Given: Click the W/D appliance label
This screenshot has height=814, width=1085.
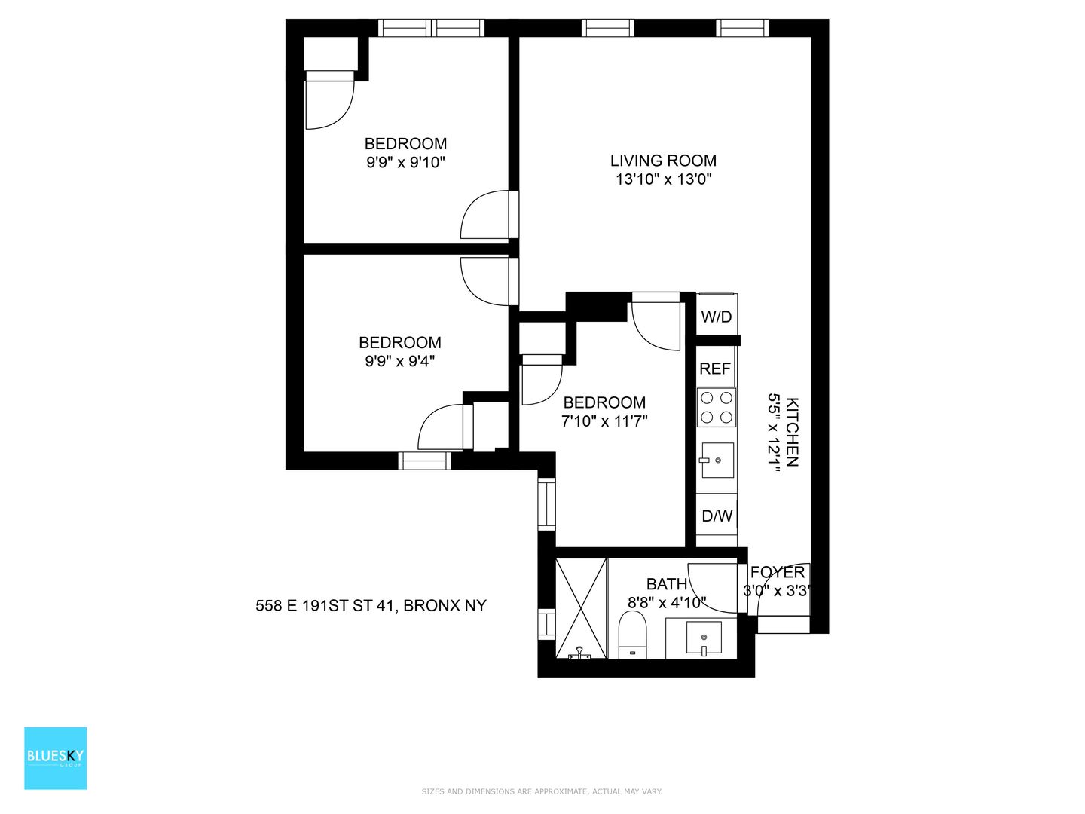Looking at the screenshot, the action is [717, 317].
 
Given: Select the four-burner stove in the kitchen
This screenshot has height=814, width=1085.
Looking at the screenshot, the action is [717, 407].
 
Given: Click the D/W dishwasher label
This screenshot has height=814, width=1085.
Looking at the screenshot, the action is [717, 516].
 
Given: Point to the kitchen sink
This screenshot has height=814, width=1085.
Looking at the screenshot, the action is [717, 460].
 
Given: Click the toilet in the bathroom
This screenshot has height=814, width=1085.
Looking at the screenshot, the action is [633, 635].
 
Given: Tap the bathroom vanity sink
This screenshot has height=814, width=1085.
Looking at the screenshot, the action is [704, 639].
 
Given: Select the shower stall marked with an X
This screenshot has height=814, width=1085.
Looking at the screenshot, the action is [581, 609].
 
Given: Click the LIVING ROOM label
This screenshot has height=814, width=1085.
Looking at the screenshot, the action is [663, 161].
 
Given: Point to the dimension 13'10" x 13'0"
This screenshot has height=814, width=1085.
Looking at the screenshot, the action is [663, 179].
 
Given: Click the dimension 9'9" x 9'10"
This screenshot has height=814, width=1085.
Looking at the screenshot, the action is [406, 162].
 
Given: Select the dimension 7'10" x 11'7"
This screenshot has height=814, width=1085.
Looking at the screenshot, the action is [604, 421].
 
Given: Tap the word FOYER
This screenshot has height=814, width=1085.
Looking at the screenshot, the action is [778, 572].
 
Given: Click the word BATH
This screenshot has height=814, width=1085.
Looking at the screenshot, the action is [667, 584].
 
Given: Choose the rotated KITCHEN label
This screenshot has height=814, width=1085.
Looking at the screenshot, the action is [792, 432].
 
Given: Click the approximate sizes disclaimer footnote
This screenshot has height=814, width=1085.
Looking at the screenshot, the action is [542, 791].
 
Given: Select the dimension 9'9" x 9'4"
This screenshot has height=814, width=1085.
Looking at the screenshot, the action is [400, 361].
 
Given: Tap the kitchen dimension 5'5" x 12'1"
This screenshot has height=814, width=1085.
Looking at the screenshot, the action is [774, 433].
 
